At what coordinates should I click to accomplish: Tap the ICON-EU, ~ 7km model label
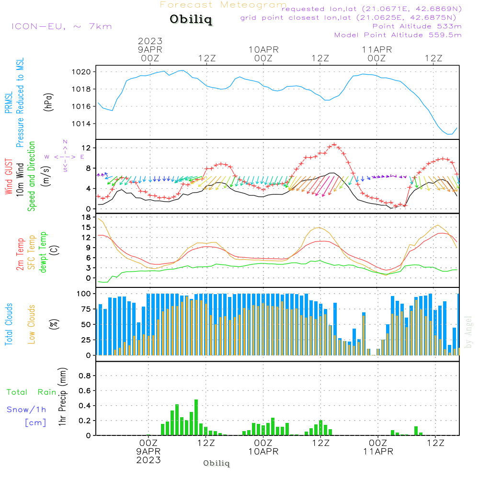click(x=61, y=26)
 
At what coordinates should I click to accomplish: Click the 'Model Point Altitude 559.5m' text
click(x=398, y=35)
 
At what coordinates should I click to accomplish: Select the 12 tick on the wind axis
click(x=89, y=148)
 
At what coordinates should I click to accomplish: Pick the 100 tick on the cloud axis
click(x=85, y=293)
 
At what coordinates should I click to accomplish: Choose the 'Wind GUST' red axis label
click(x=9, y=176)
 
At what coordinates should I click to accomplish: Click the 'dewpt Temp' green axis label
click(x=44, y=252)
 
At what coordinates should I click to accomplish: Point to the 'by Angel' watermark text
click(x=468, y=332)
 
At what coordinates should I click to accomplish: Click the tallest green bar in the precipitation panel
click(x=196, y=417)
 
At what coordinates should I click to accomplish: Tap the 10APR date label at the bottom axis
click(x=263, y=452)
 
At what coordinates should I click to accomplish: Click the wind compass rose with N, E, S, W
click(x=65, y=157)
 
